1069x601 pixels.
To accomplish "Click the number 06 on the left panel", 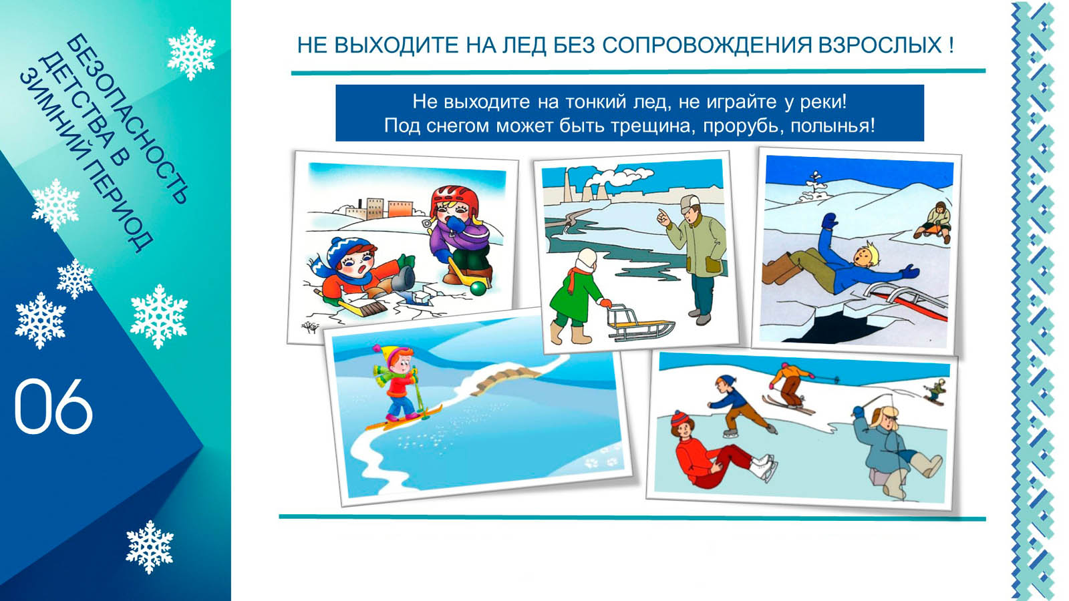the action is (x=53, y=407).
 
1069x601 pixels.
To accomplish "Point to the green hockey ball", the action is (x=478, y=288).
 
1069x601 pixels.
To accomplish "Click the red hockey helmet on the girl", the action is (x=454, y=200).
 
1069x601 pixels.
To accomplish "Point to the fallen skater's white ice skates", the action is (x=764, y=467).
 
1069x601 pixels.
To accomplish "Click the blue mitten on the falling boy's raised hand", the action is (x=829, y=221).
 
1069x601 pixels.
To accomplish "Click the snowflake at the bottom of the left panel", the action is (x=150, y=547).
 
